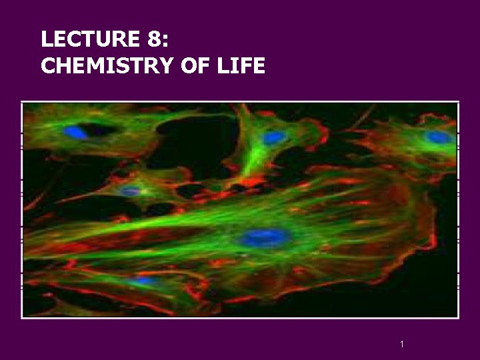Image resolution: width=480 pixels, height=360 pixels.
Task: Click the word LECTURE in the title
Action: pos(89,41)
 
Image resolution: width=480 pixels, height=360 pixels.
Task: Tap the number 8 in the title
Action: pos(153,41)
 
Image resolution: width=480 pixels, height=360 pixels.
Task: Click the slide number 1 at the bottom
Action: pos(403,344)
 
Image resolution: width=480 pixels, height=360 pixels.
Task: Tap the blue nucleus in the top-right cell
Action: pos(438,138)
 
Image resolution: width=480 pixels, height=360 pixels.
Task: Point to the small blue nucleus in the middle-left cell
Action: pos(130,191)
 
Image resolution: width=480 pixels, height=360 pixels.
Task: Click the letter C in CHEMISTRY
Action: pos(48,65)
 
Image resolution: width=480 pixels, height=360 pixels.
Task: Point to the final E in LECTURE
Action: pos(133,41)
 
